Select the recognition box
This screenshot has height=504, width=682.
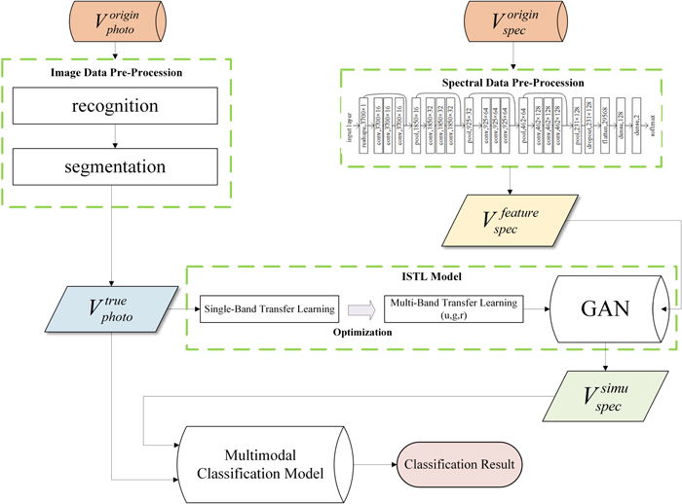(133, 105)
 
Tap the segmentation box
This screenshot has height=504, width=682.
(133, 168)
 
